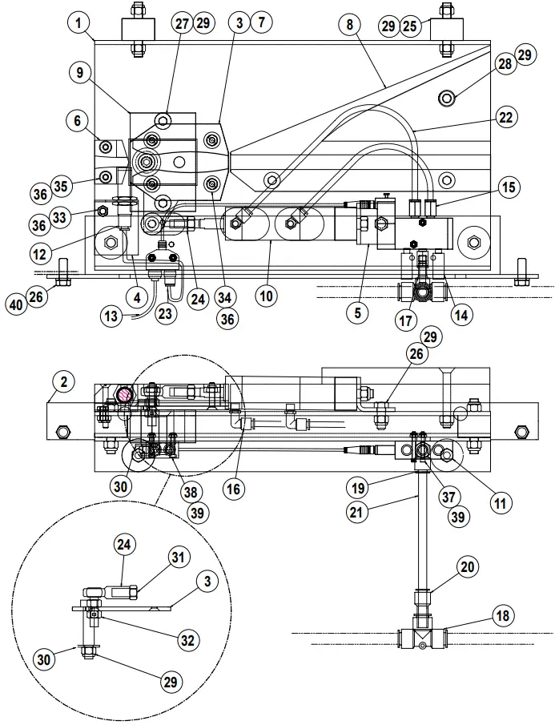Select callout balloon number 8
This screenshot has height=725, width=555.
pos(349,24)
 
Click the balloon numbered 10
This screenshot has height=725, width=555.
pos(267,296)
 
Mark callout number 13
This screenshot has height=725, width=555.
pos(112,316)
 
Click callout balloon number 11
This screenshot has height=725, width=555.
pos(501,504)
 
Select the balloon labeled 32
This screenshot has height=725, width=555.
pos(187,639)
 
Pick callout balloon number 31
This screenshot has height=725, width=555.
pos(179,557)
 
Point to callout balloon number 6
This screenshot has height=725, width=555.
pos(77,122)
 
